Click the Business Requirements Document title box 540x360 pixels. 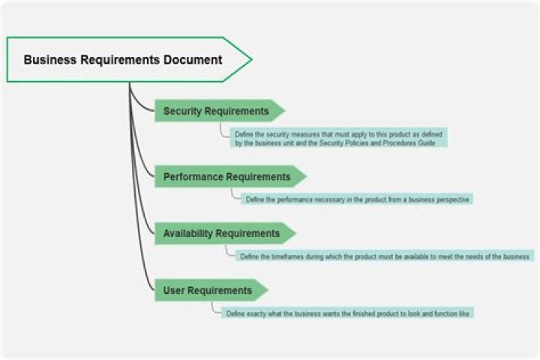point(124,59)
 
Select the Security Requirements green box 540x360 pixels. point(216,111)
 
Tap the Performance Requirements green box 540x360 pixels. point(226,177)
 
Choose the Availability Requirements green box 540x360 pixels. point(221,233)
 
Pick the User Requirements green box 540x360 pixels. point(208,290)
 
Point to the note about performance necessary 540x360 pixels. point(357,199)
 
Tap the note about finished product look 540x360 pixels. point(348,313)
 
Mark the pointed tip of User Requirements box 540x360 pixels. point(265,290)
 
